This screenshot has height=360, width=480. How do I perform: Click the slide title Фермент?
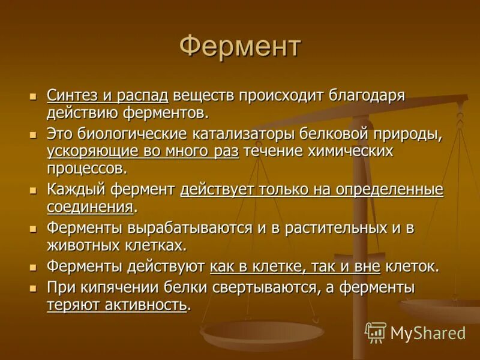240,47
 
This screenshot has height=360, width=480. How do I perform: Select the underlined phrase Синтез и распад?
108,95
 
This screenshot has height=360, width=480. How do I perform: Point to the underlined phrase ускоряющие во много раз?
143,152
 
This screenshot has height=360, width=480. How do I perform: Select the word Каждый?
76,190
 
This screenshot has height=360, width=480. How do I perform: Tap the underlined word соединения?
90,208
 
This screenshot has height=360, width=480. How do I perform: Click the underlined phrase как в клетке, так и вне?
295,266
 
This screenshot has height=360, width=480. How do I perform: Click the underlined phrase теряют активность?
116,305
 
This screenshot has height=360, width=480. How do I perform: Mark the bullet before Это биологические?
34,134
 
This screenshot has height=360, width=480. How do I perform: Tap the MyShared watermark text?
428,332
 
